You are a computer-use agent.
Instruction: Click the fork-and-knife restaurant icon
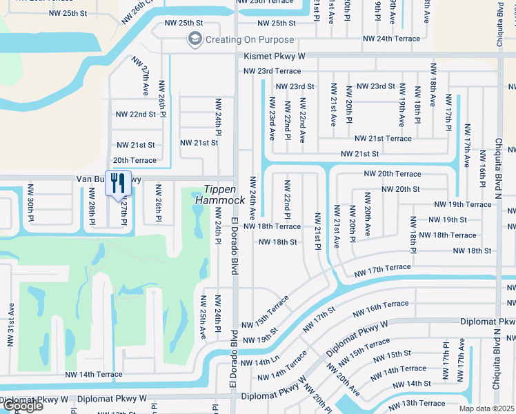pos(118,183)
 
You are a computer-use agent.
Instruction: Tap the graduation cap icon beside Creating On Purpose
pos(195,39)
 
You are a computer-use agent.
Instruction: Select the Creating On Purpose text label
pos(250,40)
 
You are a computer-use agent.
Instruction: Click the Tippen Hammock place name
pos(220,194)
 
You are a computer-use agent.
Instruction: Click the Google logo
pos(22,406)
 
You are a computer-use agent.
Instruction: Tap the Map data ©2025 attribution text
pos(486,408)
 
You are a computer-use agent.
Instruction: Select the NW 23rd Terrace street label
pos(272,71)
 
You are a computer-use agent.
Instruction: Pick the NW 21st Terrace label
pos(383,139)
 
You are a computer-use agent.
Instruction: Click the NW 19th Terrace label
pos(463,204)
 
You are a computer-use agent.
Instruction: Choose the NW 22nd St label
pos(136,115)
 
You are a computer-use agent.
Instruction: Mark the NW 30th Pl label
pos(30,203)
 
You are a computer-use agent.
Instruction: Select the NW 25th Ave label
pos(204,317)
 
